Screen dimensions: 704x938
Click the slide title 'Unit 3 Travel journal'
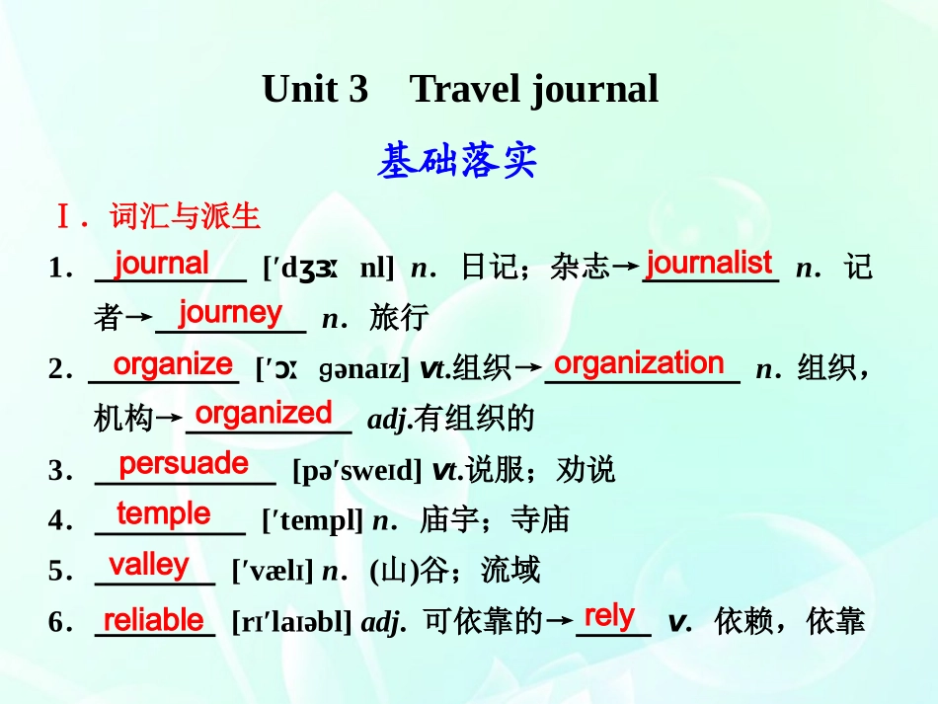point(460,90)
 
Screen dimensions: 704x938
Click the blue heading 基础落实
point(457,161)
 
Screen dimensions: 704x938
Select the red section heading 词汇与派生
point(185,215)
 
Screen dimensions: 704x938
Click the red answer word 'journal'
point(161,264)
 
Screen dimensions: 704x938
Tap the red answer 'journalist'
point(708,263)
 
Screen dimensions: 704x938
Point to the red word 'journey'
point(230,313)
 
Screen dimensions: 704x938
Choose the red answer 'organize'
point(173,363)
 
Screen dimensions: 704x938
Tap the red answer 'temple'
point(164,513)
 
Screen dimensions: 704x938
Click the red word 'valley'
point(149,565)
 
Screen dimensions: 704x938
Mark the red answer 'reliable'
point(153,620)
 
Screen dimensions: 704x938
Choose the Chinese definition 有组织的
point(475,420)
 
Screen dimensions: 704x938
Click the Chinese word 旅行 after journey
point(399,317)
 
